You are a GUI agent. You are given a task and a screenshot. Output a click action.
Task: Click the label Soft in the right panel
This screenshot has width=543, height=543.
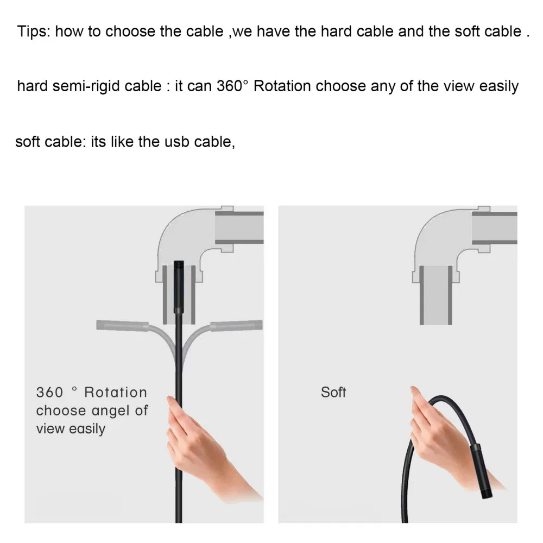point(333,392)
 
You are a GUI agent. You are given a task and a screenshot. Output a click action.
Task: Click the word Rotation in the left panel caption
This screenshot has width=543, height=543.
point(116,392)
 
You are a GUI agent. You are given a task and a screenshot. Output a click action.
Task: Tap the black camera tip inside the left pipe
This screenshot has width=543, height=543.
point(179,285)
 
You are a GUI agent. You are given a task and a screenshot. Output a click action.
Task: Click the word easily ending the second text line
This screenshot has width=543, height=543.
point(499,86)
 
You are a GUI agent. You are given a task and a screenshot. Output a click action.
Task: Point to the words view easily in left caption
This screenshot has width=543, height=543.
point(71,428)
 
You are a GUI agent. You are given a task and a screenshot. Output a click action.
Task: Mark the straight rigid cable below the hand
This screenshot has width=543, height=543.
point(178,505)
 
